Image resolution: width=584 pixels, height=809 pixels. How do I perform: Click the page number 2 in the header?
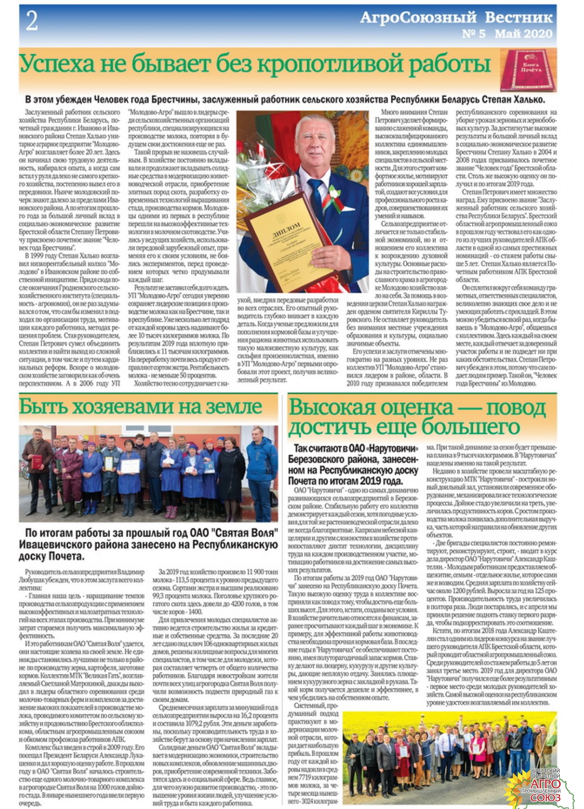pyautogui.click(x=31, y=21)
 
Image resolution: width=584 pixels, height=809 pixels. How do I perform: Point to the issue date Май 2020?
pyautogui.click(x=523, y=34)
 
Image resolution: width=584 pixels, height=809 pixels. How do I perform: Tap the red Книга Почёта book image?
pyautogui.click(x=528, y=70)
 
